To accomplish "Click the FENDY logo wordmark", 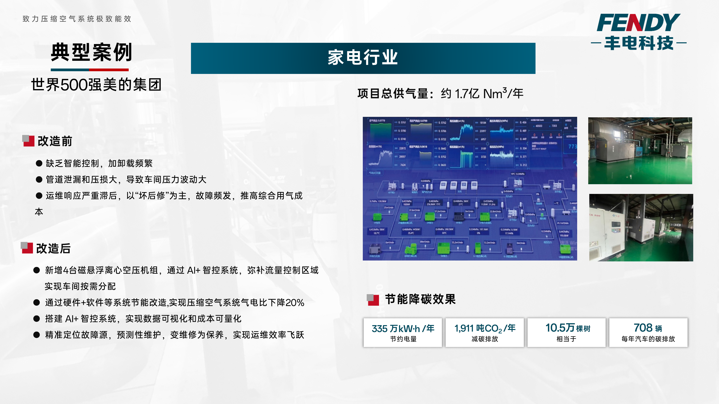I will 638,23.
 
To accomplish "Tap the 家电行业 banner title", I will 363,58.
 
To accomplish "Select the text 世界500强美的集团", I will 96,85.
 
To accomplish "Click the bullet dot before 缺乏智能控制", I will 39,163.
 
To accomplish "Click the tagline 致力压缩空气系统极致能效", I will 77,19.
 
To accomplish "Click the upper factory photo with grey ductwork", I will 640,151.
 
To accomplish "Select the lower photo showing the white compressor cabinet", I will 641,227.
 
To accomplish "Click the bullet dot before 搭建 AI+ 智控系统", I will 37,319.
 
